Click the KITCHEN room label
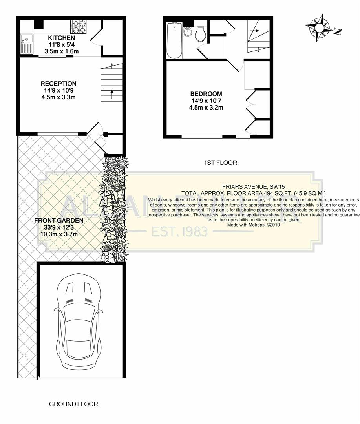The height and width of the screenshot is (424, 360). (61, 38)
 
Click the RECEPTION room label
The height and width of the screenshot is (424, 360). (58, 84)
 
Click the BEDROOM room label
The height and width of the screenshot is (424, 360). (206, 94)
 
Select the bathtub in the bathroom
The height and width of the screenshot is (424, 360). (173, 40)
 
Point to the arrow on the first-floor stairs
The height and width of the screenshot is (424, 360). (255, 30)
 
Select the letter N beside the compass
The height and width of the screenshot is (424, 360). (337, 32)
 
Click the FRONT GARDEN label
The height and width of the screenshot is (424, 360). (58, 221)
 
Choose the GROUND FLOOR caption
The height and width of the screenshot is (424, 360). (73, 404)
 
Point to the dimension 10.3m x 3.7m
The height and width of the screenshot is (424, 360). (58, 234)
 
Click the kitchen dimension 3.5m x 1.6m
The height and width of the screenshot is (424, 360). (61, 51)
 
